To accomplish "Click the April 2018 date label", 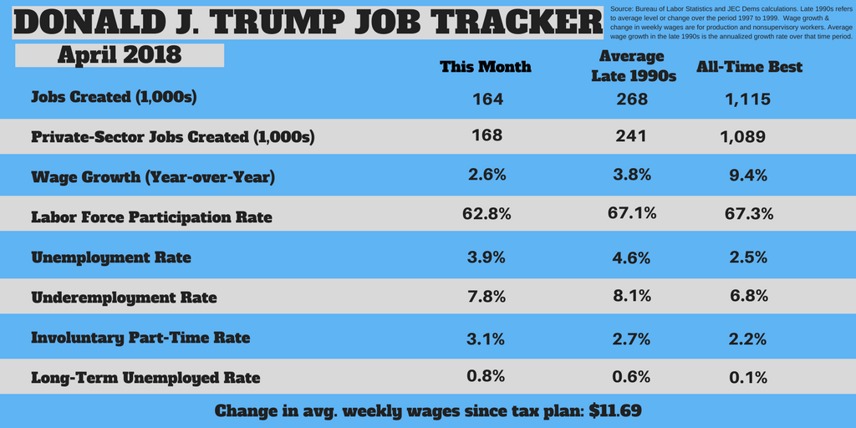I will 120,56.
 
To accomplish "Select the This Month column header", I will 486,67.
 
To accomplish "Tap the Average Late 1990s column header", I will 633,67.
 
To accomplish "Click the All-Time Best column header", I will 749,67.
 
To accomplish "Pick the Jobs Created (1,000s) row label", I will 114,97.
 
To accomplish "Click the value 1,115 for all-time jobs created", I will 743,99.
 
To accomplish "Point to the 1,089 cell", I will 742,136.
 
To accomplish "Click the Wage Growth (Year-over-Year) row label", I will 153,177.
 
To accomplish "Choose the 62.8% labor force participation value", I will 487,214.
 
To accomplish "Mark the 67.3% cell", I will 749,215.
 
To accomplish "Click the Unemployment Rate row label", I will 111,257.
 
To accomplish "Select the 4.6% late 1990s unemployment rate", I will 632,257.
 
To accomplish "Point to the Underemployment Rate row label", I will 124,298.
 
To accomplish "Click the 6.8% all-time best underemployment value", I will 747,297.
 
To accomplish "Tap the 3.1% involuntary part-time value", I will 486,337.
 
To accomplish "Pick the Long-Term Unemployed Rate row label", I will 145,378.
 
